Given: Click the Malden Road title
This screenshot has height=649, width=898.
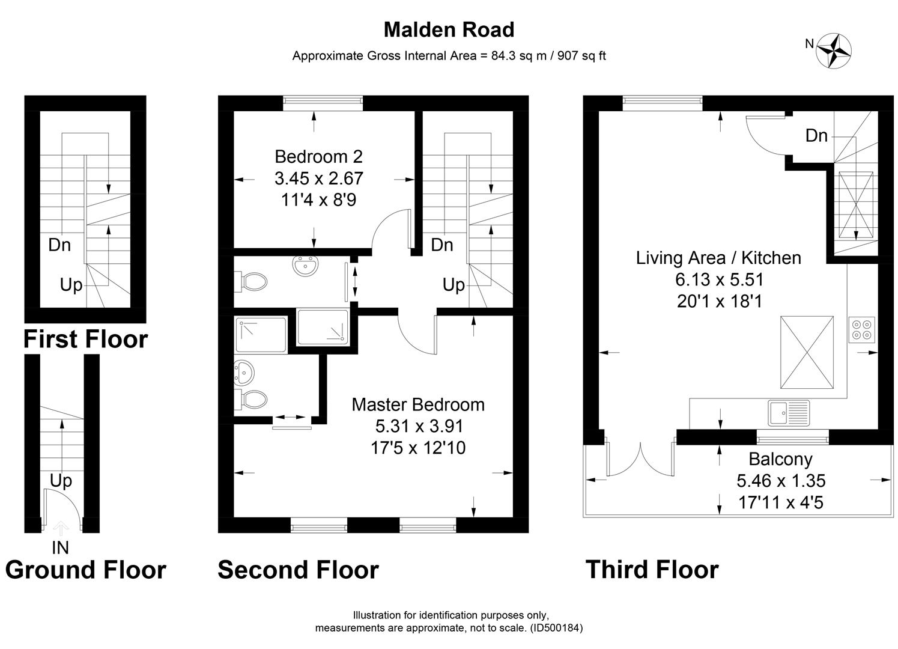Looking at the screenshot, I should point(449,29).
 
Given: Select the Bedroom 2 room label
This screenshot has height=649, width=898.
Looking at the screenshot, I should point(318,157).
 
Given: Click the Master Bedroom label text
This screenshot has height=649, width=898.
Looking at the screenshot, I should point(418,404).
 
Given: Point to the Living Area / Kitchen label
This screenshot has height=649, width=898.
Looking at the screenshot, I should point(718,258).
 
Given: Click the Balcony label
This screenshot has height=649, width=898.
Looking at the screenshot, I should point(780,459).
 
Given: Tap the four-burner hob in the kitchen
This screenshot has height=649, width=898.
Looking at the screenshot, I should point(863,330).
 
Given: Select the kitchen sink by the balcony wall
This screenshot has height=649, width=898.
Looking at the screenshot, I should point(788,413).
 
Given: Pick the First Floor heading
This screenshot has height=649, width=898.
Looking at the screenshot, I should point(85,340).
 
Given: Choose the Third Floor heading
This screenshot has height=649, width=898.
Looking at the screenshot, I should point(652,570).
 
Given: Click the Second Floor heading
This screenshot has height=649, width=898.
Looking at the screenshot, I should point(298,570).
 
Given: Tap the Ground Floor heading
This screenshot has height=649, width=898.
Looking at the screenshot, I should point(85,570).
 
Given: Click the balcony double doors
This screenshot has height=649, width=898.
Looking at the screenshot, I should point(640,460).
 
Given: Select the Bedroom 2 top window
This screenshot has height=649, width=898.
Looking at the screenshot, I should point(323,103).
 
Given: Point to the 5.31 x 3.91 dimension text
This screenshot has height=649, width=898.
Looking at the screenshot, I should point(419,426).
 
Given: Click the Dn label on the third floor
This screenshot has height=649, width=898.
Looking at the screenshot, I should point(816,136).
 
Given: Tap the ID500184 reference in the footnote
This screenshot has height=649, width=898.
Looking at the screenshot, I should point(556,628).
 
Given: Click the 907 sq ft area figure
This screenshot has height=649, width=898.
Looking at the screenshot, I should point(581,56).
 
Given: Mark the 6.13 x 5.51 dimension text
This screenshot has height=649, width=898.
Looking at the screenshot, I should point(719,279).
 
